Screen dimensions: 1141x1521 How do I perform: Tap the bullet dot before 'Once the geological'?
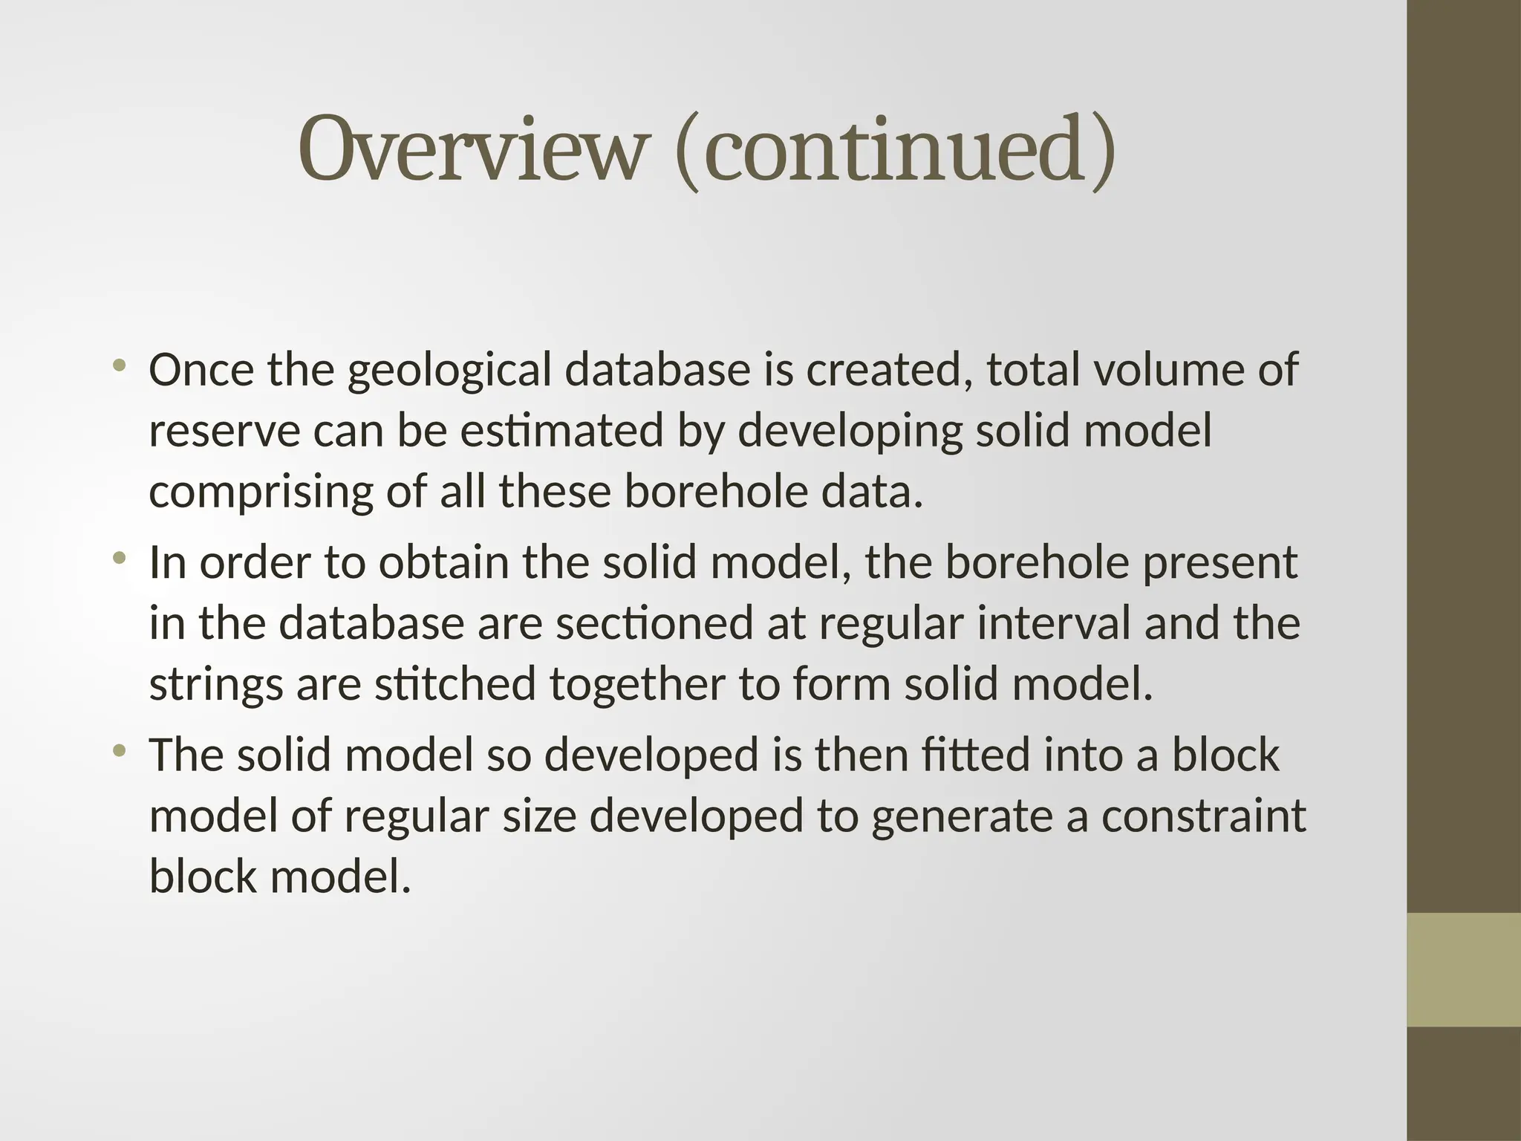tap(119, 365)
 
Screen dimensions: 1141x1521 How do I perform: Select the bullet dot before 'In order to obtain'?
tap(119, 558)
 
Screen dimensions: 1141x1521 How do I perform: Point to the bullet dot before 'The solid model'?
tap(119, 750)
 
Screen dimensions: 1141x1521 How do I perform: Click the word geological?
tap(449, 371)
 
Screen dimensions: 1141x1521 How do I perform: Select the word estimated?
tap(561, 431)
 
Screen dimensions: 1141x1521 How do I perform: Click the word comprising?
tap(260, 493)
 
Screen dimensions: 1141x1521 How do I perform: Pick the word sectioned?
tap(654, 623)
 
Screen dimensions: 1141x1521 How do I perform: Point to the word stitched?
tap(455, 684)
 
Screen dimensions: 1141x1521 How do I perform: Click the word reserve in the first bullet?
tap(224, 432)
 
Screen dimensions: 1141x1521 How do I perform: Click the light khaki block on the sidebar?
tap(1463, 969)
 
